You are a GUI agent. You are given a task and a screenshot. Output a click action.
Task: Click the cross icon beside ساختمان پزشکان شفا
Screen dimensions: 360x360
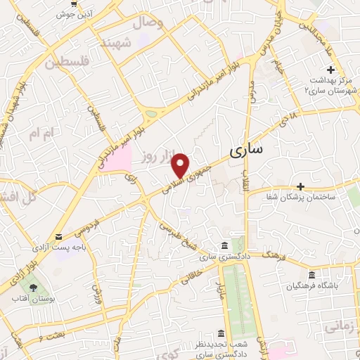300,186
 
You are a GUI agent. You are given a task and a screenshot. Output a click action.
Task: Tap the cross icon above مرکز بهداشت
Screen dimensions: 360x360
330,69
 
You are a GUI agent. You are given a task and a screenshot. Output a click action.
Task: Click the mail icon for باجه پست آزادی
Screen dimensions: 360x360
57,236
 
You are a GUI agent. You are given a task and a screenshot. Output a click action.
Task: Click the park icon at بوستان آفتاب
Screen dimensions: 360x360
31,288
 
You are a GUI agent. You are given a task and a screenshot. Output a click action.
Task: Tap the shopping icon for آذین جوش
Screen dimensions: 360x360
74,2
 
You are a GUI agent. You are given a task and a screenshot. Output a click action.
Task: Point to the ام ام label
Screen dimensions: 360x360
40,131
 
